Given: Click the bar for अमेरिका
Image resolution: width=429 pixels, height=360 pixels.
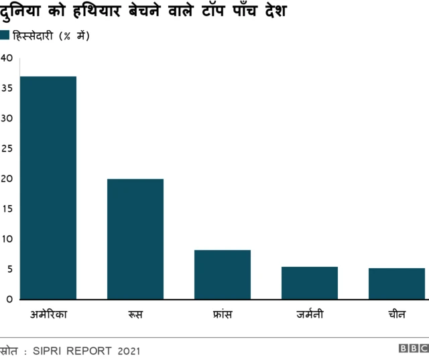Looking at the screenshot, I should click(48, 188).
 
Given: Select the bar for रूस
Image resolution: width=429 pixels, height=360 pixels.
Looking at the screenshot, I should click(135, 239).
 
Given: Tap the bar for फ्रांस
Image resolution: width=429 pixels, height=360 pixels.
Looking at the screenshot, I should click(222, 274).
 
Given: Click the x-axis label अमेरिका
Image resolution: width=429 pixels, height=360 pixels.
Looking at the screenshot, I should click(48, 314).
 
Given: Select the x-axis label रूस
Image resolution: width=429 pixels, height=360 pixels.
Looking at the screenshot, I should click(135, 314).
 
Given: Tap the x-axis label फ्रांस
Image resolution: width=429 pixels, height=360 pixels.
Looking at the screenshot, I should click(222, 314).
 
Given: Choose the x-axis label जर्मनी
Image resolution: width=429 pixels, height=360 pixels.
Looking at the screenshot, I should click(309, 314).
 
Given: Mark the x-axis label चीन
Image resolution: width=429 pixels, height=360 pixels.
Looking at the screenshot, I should click(396, 314).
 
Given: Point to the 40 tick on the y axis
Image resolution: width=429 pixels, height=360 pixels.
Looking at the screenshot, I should click(7, 58).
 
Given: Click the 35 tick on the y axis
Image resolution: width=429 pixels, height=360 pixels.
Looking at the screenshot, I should click(7, 88).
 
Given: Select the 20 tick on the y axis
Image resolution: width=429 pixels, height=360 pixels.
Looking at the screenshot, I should click(7, 179).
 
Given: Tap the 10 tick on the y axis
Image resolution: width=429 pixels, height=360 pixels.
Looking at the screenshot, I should click(7, 239).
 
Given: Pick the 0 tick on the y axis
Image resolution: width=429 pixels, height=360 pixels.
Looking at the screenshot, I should click(9, 300).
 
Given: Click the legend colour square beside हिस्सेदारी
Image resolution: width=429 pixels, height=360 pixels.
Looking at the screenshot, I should click(5, 36).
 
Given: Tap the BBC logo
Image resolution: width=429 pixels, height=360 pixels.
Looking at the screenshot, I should click(413, 349).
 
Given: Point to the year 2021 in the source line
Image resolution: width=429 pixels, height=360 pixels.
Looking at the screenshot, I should click(130, 351).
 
